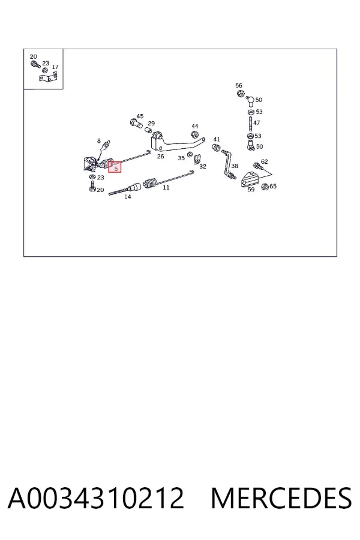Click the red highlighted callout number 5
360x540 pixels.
[116, 169]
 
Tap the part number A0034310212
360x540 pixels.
[96, 497]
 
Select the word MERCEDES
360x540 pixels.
[281, 497]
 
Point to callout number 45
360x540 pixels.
[140, 116]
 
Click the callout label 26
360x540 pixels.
[160, 157]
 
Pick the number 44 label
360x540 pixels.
[194, 126]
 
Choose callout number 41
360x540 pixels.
[217, 139]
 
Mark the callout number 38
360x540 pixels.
[235, 166]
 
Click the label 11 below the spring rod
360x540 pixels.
[166, 188]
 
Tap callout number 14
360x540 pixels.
[127, 197]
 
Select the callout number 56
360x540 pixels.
[239, 85]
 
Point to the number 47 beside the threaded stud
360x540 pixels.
[257, 122]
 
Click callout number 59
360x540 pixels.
[251, 190]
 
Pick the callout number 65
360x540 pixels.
[273, 187]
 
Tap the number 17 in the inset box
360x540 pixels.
[55, 67]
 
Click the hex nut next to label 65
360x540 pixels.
[265, 187]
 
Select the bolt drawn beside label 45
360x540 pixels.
[136, 123]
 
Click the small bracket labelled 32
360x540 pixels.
[197, 159]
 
